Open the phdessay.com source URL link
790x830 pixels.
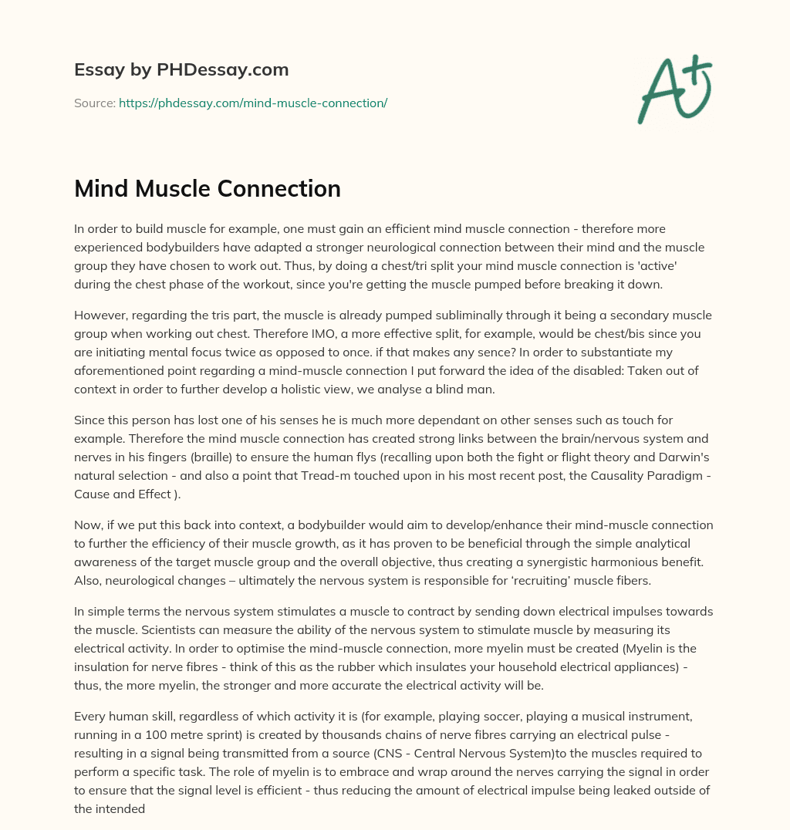[252, 103]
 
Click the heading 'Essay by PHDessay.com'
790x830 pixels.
[181, 70]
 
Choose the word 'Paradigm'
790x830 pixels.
[668, 476]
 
